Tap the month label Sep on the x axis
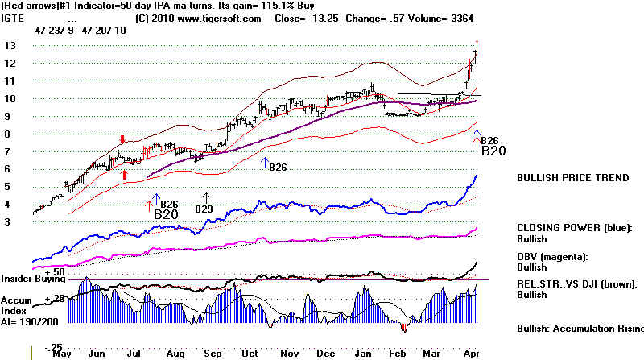213,354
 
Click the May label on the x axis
63,354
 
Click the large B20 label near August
165,214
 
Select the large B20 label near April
493,151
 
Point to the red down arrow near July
122,141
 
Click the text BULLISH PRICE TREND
572,178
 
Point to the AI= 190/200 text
27,319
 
